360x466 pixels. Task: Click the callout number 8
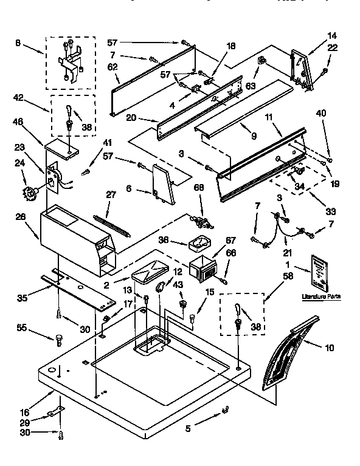point(17,43)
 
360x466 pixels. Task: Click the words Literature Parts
point(321,296)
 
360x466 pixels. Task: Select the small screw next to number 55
point(59,338)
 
